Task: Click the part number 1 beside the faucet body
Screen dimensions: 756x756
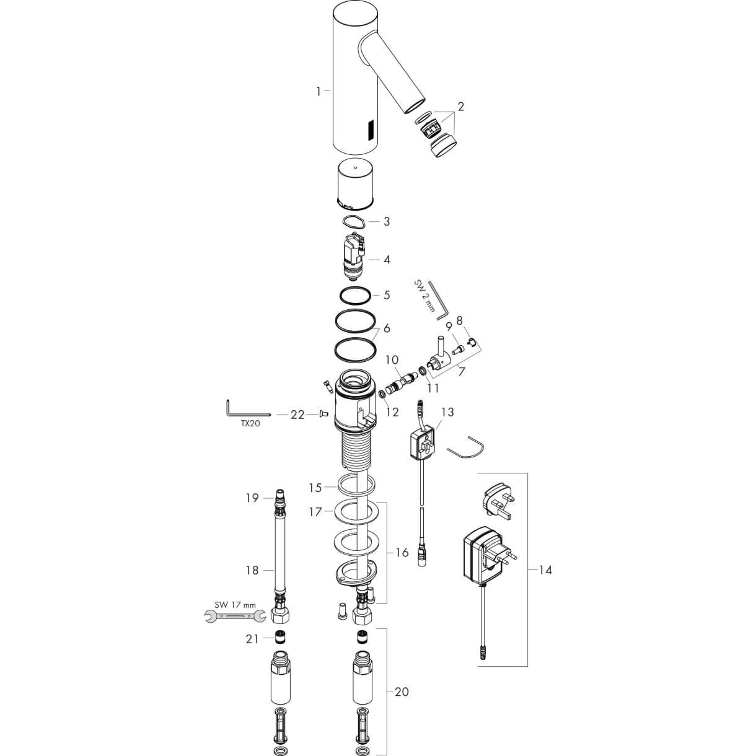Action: click(319, 92)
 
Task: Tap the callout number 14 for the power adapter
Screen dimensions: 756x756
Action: click(545, 570)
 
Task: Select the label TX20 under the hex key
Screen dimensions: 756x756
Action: click(250, 424)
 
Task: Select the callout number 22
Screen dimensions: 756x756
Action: click(297, 415)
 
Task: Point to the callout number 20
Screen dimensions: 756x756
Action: click(402, 692)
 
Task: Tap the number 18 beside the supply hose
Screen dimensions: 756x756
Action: click(252, 571)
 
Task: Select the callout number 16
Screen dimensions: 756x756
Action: click(402, 553)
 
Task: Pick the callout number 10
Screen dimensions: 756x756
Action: click(391, 360)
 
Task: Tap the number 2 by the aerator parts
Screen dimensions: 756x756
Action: click(460, 107)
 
